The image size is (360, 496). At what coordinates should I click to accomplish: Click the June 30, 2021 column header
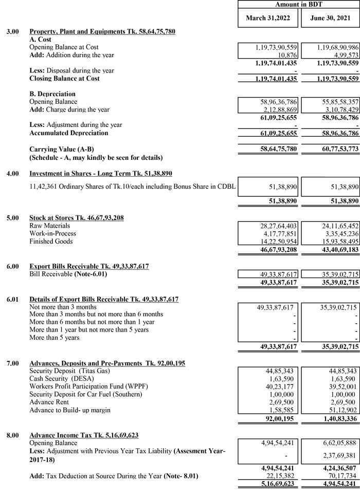[x=330, y=18]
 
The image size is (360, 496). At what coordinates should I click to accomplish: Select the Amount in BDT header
[x=299, y=4]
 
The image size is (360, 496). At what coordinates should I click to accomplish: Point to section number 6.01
[x=12, y=299]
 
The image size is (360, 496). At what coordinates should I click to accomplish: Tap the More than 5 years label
[x=54, y=338]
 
